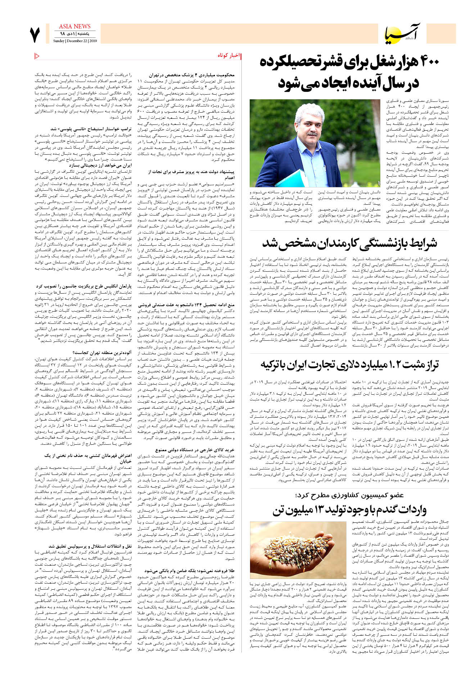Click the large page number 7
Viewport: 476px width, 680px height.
coord(35,35)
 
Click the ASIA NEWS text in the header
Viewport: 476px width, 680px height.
coord(74,27)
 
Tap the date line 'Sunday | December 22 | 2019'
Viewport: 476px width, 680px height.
coord(75,41)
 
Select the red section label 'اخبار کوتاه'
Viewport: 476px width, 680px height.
coord(228,56)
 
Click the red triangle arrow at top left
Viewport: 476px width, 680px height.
coord(37,56)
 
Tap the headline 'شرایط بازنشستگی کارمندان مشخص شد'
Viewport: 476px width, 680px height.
coord(349,243)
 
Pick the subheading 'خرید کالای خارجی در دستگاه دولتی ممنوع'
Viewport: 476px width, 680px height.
coord(195,450)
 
